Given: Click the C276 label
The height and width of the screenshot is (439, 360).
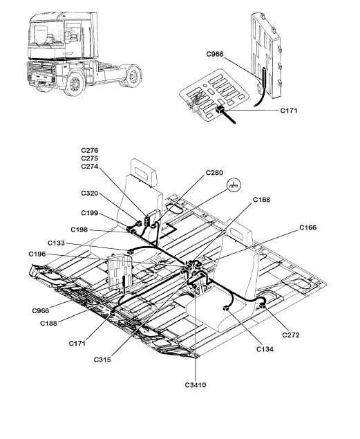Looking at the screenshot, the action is (x=90, y=150).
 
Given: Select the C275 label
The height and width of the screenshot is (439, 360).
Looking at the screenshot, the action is (x=90, y=158).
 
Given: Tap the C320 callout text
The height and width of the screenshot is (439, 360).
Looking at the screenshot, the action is (x=90, y=193).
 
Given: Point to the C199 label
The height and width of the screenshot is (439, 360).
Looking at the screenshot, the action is (x=90, y=213).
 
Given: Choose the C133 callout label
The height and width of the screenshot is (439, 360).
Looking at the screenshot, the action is (x=56, y=243).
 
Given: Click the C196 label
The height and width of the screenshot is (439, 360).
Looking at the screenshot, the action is (x=37, y=254).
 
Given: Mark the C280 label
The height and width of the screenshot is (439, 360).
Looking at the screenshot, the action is (x=214, y=173).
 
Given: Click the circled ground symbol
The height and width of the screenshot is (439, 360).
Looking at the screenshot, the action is (x=234, y=185).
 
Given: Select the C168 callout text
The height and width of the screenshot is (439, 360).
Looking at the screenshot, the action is (x=262, y=200).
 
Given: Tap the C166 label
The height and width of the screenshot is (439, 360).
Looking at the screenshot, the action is (x=308, y=227).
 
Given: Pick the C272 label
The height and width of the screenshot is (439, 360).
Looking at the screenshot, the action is (x=291, y=335).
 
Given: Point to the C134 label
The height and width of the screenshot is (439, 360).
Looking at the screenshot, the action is (x=265, y=349).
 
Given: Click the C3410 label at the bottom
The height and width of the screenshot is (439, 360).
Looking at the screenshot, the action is (x=196, y=385).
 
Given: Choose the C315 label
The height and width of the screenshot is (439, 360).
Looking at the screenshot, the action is (x=102, y=359).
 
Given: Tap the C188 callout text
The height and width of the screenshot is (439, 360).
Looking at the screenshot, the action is (x=48, y=324).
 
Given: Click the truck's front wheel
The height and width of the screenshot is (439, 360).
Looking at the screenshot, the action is (x=74, y=84).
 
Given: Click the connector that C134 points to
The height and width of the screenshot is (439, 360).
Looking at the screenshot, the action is (x=225, y=308).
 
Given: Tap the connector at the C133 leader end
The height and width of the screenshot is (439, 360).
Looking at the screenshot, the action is (x=131, y=252).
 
